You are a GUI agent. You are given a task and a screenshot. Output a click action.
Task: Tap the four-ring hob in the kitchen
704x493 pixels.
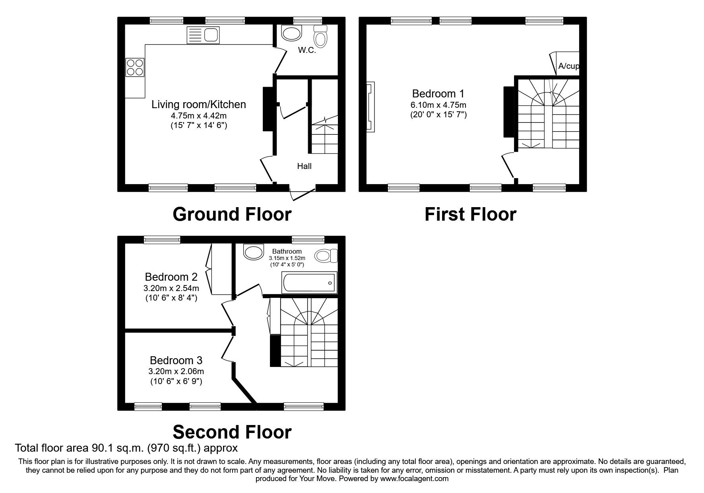tap(135, 67)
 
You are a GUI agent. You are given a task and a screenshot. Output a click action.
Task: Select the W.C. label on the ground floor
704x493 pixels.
tap(307, 50)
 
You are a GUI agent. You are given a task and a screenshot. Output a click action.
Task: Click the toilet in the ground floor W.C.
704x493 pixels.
tap(320, 36)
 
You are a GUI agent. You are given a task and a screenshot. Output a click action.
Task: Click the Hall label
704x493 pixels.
tap(304, 166)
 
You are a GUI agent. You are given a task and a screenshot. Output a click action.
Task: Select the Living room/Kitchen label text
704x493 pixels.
tap(199, 104)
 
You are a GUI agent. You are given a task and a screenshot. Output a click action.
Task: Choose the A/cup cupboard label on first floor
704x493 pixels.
tap(568, 66)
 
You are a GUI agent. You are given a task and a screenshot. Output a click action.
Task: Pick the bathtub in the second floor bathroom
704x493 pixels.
tap(309, 283)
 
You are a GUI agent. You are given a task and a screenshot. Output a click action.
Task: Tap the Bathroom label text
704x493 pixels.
tap(287, 251)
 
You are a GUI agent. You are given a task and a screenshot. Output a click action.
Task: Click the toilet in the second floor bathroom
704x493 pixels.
tap(326, 256)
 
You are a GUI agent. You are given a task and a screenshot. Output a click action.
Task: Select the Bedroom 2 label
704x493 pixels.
tap(171, 277)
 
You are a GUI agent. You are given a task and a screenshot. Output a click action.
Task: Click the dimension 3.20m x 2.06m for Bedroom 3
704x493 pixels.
tap(176, 371)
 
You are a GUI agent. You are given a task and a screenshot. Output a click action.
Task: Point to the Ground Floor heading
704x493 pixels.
tap(232, 214)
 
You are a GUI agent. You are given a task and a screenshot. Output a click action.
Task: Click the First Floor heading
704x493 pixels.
tap(470, 214)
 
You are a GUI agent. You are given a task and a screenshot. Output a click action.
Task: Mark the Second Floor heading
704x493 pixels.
tap(232, 432)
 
